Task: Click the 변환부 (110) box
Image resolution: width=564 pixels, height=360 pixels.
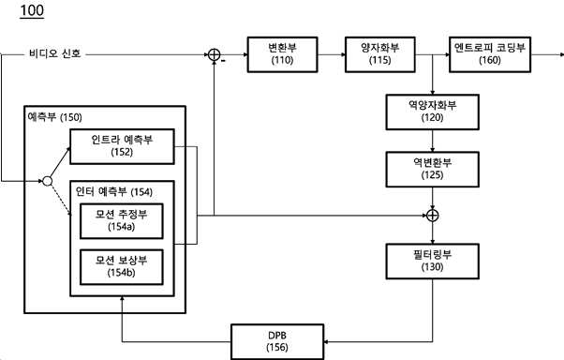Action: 282,54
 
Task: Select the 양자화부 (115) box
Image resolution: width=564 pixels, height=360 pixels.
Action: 380,54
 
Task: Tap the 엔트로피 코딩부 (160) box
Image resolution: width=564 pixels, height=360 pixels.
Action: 490,54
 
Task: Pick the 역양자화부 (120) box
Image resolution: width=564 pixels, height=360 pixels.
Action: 432,112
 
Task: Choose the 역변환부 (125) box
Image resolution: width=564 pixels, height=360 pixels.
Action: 432,170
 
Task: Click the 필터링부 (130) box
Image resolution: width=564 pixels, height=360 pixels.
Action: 432,262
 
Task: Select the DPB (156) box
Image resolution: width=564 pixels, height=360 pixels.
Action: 277,341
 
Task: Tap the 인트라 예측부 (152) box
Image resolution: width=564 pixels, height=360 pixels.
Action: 122,146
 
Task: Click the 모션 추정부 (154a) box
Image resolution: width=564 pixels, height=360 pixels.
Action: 122,221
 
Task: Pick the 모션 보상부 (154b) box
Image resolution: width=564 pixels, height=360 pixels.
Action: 122,267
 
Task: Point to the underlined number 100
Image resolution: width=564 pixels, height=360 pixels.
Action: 32,10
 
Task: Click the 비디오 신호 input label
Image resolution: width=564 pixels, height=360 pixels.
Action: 55,54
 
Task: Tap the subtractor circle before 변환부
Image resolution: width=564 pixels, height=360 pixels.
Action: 214,54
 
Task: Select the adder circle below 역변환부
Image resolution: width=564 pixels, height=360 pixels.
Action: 432,216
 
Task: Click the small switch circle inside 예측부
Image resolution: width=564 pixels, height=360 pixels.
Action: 48,181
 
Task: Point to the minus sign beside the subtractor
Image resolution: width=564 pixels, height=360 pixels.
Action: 223,61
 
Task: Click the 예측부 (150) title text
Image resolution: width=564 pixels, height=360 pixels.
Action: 54,117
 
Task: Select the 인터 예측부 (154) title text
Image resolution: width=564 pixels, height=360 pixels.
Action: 114,191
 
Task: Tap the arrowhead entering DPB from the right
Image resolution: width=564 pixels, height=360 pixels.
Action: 326,341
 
